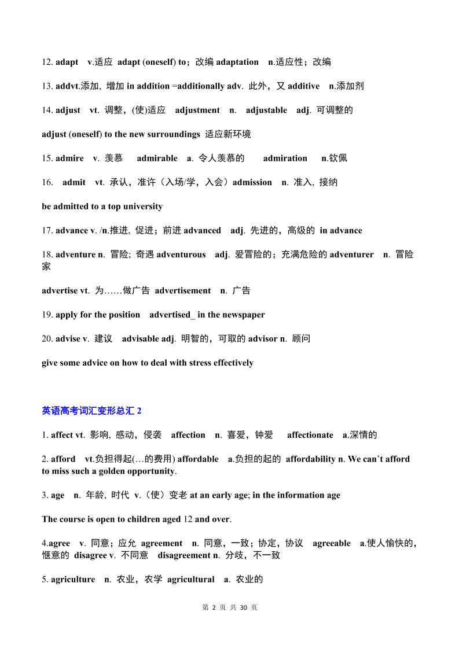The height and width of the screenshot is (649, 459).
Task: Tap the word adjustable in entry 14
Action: coord(266,110)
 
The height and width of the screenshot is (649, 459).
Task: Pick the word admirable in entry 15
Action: coord(157,158)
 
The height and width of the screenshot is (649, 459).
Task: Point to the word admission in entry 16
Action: coord(252,182)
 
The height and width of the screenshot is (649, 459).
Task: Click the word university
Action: coord(141,207)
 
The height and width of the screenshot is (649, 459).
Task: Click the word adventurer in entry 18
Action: coord(351,255)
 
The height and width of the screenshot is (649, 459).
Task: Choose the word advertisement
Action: coord(183,291)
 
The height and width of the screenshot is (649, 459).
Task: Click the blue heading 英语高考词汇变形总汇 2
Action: coord(91,411)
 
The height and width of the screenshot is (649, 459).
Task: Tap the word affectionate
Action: coord(310,435)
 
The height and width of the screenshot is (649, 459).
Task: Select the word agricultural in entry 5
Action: coord(190,580)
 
